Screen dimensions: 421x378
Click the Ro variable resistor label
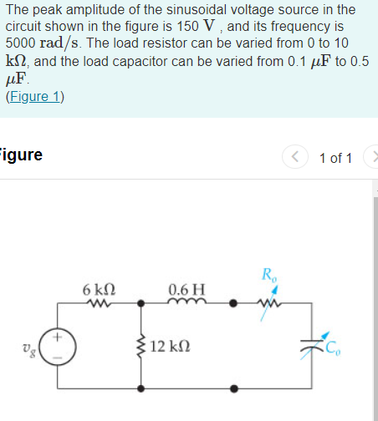coord(268,273)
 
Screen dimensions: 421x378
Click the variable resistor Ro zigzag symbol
coord(270,303)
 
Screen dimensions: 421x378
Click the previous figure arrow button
coord(294,158)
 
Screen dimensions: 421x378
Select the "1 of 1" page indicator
coord(335,158)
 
